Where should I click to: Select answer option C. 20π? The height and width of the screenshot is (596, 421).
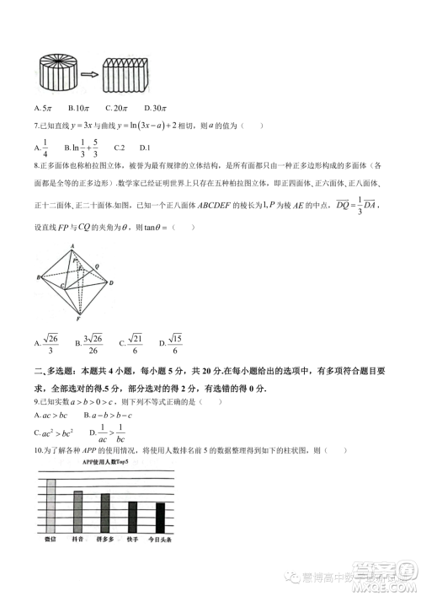pyautogui.click(x=116, y=108)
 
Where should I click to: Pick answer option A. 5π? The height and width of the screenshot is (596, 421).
pyautogui.click(x=44, y=108)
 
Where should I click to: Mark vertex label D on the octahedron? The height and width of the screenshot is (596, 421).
pyautogui.click(x=112, y=283)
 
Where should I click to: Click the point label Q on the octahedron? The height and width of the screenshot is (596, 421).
pyautogui.click(x=98, y=264)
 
